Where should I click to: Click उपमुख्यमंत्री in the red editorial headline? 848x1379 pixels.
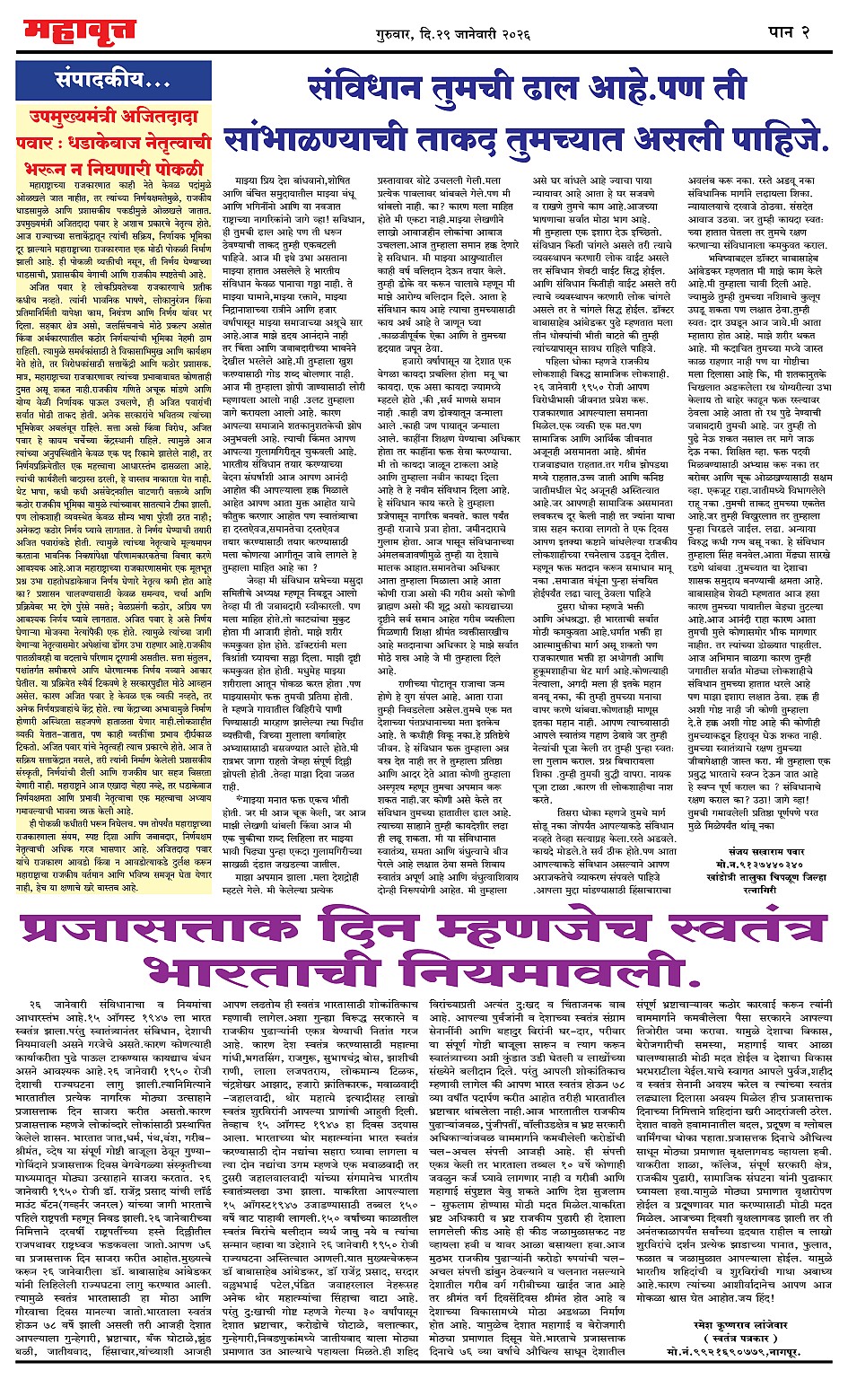[x=84, y=116]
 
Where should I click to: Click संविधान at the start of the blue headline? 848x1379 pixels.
[x=376, y=91]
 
